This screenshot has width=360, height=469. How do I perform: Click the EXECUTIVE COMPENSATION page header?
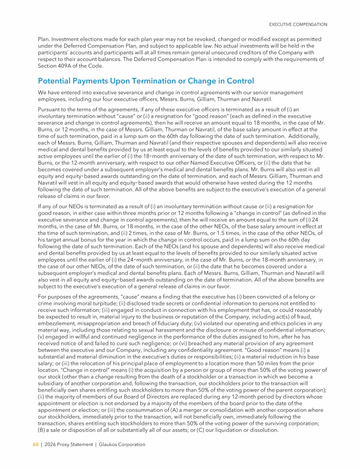click(x=298, y=24)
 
